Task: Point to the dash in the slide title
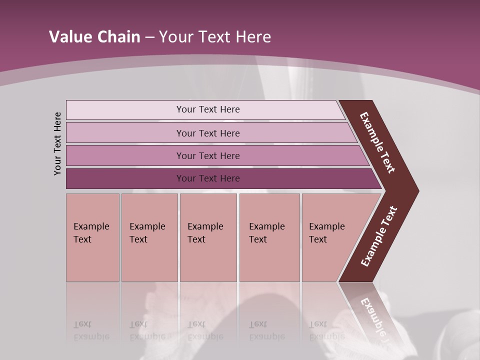click(149, 37)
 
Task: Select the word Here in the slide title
click(253, 37)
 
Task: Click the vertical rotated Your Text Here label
click(57, 143)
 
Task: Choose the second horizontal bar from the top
click(207, 133)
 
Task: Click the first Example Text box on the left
click(92, 237)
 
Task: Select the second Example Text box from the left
click(149, 237)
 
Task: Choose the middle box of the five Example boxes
click(208, 237)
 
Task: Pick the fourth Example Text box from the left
click(269, 237)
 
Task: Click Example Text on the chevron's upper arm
click(378, 142)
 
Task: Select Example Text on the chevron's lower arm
click(379, 236)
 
